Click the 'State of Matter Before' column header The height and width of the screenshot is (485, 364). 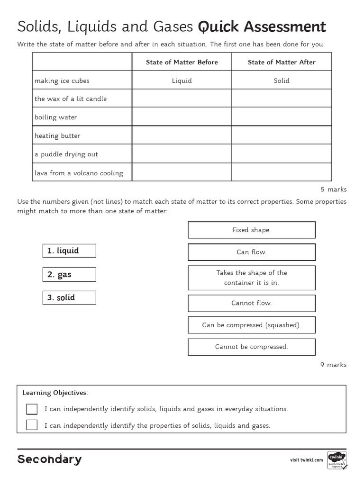pos(182,62)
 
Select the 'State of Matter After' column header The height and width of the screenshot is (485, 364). pos(282,62)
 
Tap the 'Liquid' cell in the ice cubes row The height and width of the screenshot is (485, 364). pos(182,81)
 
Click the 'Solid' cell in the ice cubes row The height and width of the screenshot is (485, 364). pos(282,81)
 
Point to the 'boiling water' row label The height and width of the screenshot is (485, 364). pos(55,117)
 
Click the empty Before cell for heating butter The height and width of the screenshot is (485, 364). pos(182,135)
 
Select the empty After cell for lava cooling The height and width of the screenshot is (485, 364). pos(282,172)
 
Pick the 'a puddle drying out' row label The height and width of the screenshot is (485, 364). pos(66,154)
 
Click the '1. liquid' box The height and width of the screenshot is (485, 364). pos(69,251)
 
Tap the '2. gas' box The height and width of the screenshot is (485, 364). pos(69,275)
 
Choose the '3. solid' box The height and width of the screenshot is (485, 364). pos(69,297)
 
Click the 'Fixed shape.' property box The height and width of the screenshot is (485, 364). pos(252,230)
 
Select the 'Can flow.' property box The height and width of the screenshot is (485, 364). pos(252,252)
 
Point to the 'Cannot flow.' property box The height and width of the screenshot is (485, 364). pos(252,303)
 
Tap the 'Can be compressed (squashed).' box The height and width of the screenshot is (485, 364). pos(252,325)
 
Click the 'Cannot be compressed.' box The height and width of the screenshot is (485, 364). pos(252,347)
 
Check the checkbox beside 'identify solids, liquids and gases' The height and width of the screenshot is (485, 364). pos(32,409)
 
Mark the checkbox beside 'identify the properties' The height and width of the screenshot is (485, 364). pos(32,425)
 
